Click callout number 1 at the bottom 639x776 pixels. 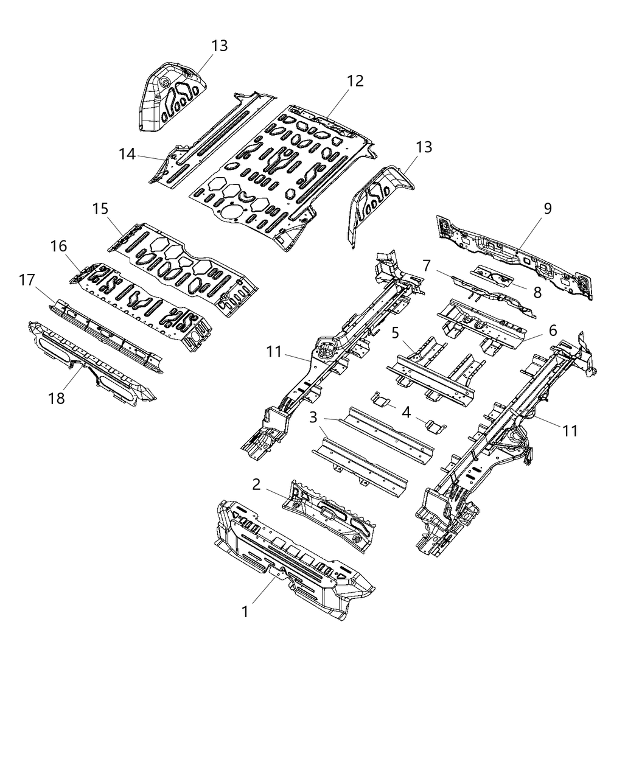click(245, 611)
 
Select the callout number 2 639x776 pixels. click(256, 484)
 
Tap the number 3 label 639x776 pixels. click(313, 418)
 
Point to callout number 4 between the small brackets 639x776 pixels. click(406, 411)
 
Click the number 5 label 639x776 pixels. click(395, 333)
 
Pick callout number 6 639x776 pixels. click(553, 330)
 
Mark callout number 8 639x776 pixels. click(537, 292)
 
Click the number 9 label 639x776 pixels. click(547, 209)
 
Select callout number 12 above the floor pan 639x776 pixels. click(355, 80)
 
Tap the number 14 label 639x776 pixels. click(127, 154)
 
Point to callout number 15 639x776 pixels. click(100, 209)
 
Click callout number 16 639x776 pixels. click(59, 246)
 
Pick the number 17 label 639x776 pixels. click(27, 281)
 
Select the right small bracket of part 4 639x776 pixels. click(435, 425)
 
